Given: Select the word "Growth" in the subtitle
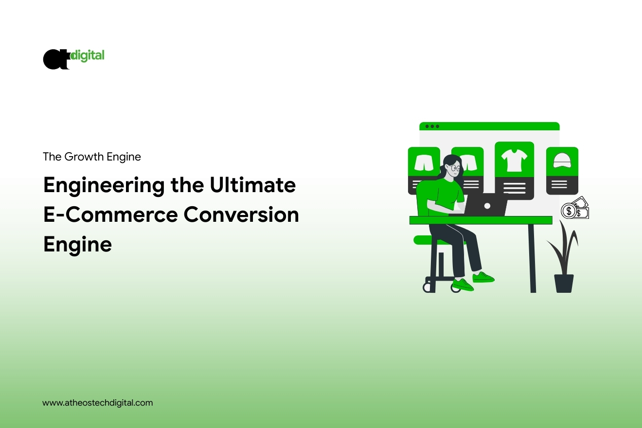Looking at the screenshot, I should point(87,157).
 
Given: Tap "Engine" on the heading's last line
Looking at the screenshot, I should point(77,244).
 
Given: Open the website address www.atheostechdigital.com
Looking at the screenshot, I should point(98,403).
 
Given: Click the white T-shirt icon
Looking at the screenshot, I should point(514,160).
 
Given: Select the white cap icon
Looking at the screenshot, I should point(562,160).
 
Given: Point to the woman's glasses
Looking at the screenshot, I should point(454,168).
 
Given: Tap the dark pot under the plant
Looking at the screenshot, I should point(564,283).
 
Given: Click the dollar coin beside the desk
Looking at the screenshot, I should point(568,211).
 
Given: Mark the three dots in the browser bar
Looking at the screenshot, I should point(432,126).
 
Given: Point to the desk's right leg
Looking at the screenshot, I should point(532,258).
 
